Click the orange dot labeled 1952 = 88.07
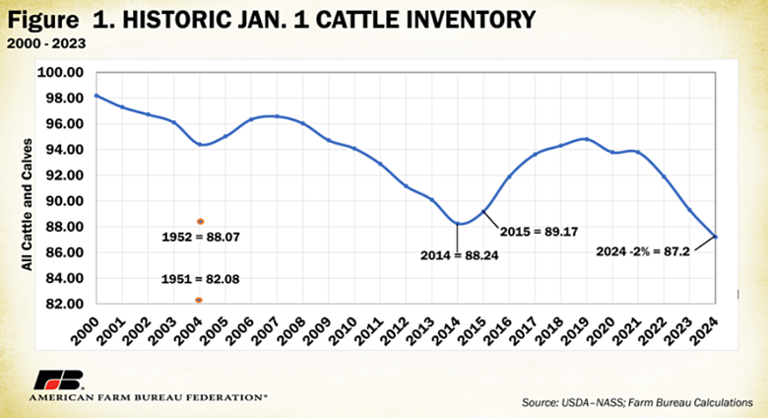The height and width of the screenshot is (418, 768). (200, 222)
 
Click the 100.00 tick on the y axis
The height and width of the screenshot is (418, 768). (62, 72)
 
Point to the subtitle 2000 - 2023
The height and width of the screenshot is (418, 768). (43, 43)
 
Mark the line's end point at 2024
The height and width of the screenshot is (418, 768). (716, 237)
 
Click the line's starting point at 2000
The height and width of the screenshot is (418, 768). (96, 96)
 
